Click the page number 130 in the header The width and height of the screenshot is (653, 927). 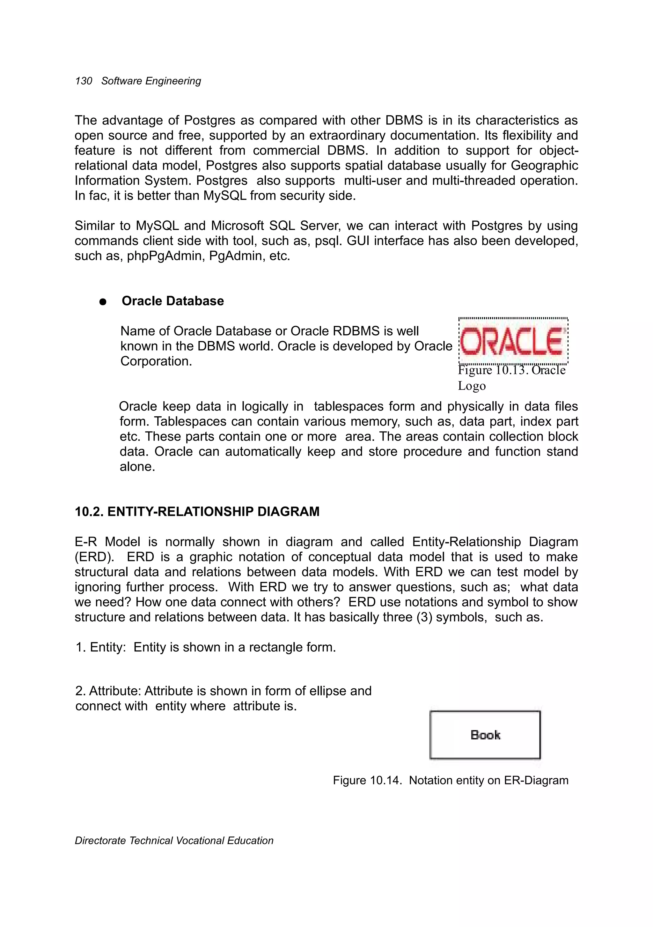[84, 81]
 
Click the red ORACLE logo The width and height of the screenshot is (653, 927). [513, 341]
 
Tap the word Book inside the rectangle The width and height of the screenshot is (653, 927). [485, 735]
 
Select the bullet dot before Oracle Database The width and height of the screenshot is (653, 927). [103, 301]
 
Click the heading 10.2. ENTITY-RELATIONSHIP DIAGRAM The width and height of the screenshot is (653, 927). [197, 512]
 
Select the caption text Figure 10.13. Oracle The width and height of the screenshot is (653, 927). [512, 370]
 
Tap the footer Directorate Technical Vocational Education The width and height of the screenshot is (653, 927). [174, 841]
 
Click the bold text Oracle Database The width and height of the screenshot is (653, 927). [173, 301]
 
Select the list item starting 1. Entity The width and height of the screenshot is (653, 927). [205, 647]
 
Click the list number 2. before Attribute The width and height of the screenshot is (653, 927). [80, 691]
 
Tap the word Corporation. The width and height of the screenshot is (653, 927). [156, 361]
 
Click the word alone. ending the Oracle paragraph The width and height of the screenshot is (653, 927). [137, 467]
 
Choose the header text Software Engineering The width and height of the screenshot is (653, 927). [151, 81]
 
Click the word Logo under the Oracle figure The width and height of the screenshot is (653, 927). [471, 386]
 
